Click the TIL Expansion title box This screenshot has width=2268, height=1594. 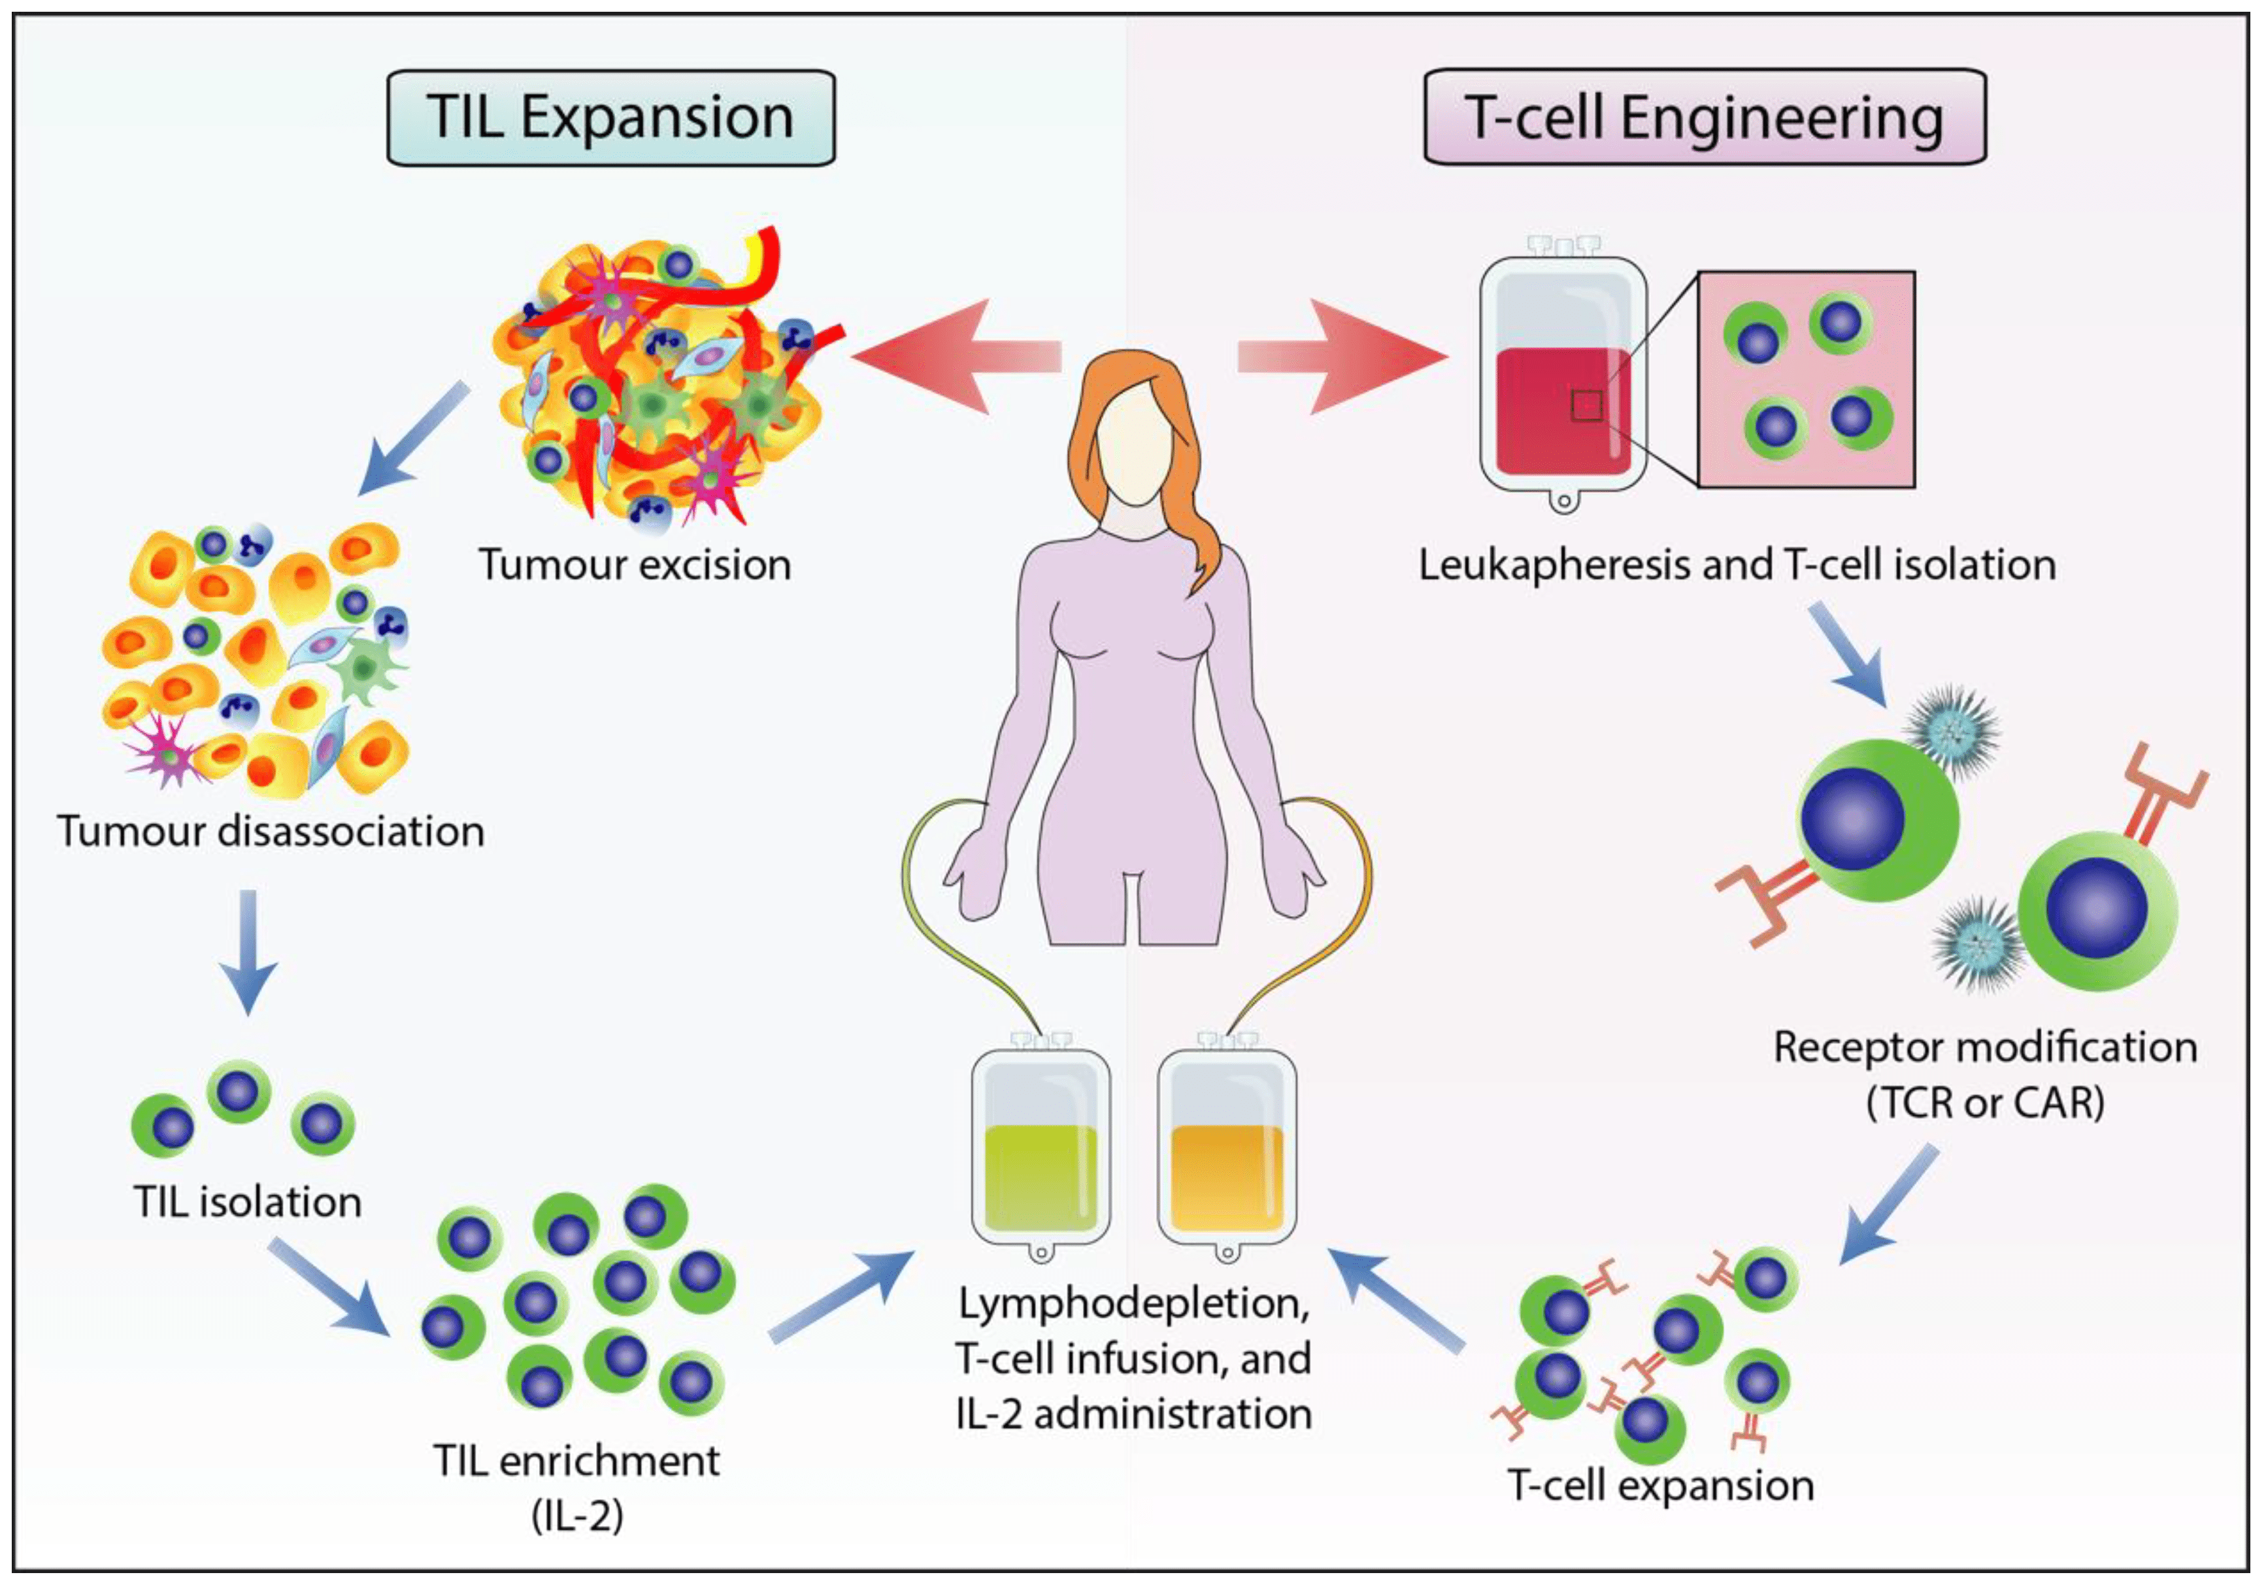[610, 118]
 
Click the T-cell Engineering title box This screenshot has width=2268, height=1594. [1704, 118]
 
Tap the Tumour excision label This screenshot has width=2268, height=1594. [635, 565]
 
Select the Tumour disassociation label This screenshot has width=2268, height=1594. [271, 832]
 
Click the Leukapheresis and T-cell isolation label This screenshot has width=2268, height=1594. [1737, 565]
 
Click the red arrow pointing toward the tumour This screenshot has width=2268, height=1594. [948, 355]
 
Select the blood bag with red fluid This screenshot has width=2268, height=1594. [1563, 380]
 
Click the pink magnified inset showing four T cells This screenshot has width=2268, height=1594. [1806, 380]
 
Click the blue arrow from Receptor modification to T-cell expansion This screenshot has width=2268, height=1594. [1889, 1206]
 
